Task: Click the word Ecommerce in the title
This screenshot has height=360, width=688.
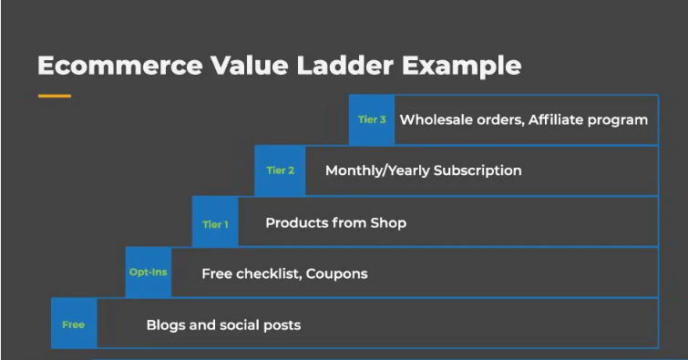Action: click(x=119, y=66)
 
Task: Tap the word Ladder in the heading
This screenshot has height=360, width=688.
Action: click(x=345, y=66)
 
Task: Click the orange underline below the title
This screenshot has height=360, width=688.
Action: click(x=55, y=96)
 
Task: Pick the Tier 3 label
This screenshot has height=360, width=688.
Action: click(x=372, y=119)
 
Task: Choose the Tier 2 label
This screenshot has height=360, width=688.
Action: click(x=281, y=170)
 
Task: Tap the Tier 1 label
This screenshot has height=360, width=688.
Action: click(x=215, y=224)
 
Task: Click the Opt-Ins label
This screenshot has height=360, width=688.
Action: click(x=148, y=273)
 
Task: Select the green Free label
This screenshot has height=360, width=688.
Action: click(x=73, y=324)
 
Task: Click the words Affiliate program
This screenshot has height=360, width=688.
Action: click(x=588, y=120)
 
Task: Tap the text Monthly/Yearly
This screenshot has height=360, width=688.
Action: click(x=377, y=170)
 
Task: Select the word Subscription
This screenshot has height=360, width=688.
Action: click(x=477, y=170)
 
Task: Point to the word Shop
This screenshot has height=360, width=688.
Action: click(x=388, y=223)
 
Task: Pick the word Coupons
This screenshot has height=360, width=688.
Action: click(x=336, y=274)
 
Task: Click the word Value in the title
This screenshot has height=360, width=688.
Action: click(x=249, y=66)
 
